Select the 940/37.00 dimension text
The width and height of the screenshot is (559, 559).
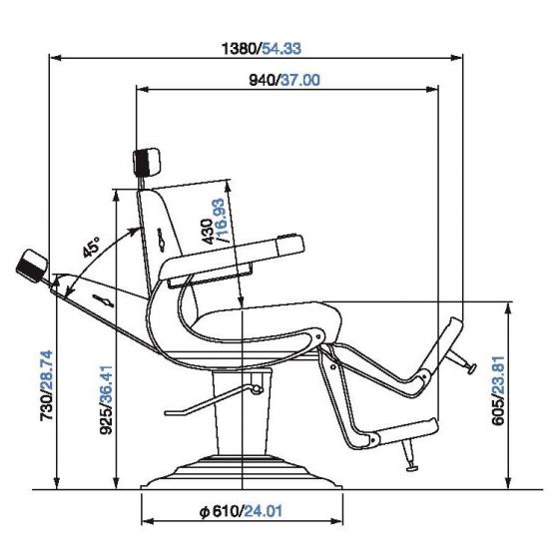tap(283, 81)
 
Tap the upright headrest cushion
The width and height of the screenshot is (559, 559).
tap(147, 160)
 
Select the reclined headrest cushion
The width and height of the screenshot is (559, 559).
tap(32, 267)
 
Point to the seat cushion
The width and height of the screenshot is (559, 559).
tap(270, 321)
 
